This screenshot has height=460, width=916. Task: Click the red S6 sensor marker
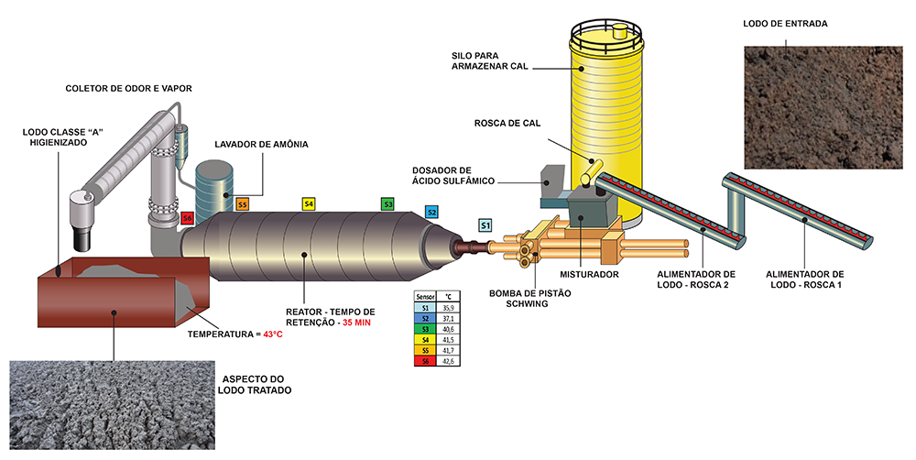(x=187, y=218)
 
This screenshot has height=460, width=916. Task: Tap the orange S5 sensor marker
(x=243, y=204)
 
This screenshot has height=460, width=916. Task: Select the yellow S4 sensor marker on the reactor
(x=309, y=203)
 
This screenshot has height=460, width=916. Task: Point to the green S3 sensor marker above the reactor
(x=387, y=204)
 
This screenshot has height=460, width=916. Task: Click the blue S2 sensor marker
(x=431, y=212)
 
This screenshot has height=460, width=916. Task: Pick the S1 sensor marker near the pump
(x=485, y=225)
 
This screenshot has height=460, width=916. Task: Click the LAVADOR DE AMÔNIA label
(x=262, y=145)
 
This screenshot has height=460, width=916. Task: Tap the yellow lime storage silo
(x=607, y=110)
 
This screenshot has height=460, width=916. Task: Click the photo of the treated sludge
(x=110, y=403)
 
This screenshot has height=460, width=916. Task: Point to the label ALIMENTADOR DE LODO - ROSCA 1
(x=805, y=279)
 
